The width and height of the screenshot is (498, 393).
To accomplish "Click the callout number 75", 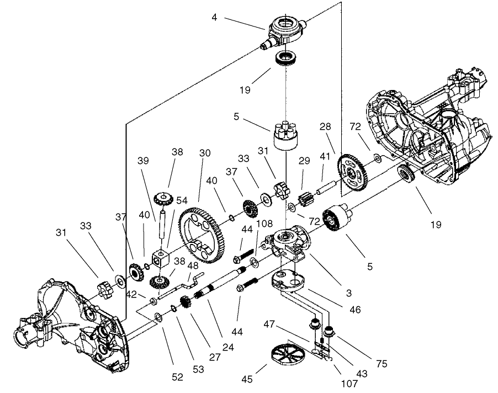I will tap(382, 364).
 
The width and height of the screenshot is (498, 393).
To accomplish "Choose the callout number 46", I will tap(354, 310).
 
